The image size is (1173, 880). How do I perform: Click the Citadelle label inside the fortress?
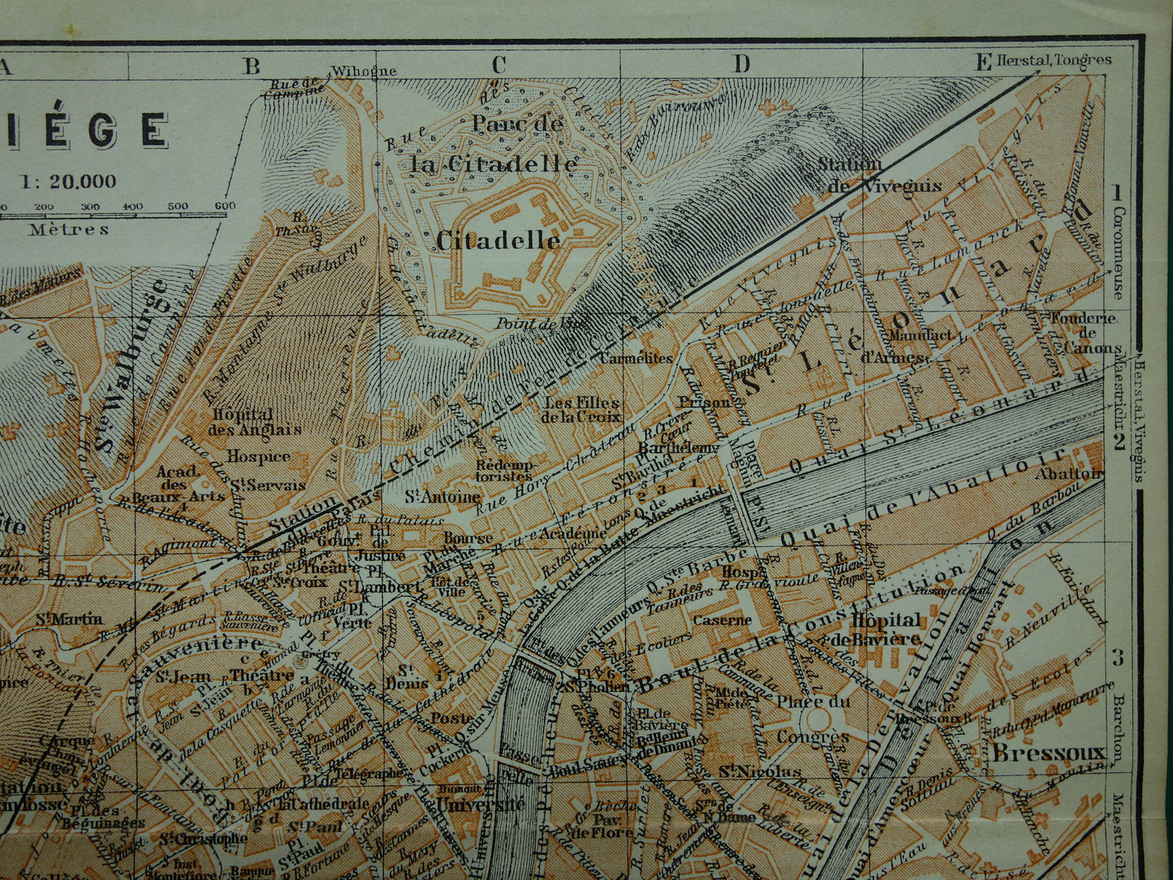(x=498, y=240)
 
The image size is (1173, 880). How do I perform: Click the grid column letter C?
(x=498, y=65)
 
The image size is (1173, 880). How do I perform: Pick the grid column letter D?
(x=741, y=65)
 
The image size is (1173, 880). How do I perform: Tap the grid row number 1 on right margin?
(x=1117, y=193)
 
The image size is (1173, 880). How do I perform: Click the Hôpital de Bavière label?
(x=886, y=629)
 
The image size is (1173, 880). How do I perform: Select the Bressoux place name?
(x=1048, y=753)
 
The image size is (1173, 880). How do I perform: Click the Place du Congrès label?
(x=813, y=718)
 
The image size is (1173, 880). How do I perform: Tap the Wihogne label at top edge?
(x=364, y=71)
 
